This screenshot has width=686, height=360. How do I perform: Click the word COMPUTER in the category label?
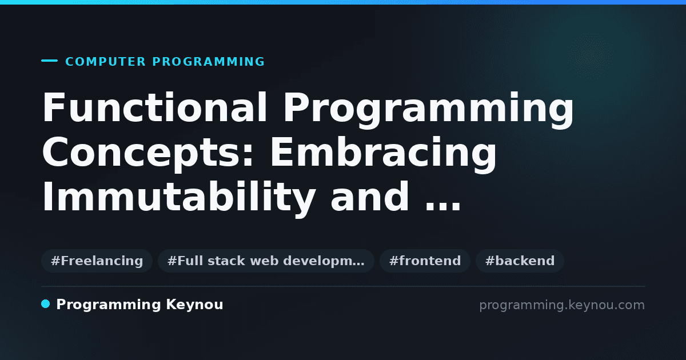click(105, 62)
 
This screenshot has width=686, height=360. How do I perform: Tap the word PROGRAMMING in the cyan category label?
click(208, 62)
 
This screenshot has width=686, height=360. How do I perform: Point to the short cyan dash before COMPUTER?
click(49, 61)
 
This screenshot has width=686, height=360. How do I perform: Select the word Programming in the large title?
click(428, 110)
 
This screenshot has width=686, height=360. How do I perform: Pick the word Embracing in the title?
click(383, 155)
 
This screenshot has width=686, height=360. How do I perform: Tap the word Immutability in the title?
click(179, 198)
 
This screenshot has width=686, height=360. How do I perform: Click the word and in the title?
click(370, 197)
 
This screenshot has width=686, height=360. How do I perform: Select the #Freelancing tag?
click(97, 261)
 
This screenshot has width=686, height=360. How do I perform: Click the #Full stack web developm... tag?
click(266, 261)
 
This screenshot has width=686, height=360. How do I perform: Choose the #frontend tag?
click(425, 261)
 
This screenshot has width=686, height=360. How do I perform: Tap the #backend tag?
click(520, 261)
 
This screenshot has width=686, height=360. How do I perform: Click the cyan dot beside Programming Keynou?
click(45, 304)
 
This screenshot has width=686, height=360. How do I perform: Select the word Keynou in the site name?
click(194, 305)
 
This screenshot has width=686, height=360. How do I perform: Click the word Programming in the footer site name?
click(109, 305)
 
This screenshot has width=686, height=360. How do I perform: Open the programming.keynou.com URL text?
click(562, 305)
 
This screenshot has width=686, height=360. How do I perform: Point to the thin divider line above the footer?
click(344, 286)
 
